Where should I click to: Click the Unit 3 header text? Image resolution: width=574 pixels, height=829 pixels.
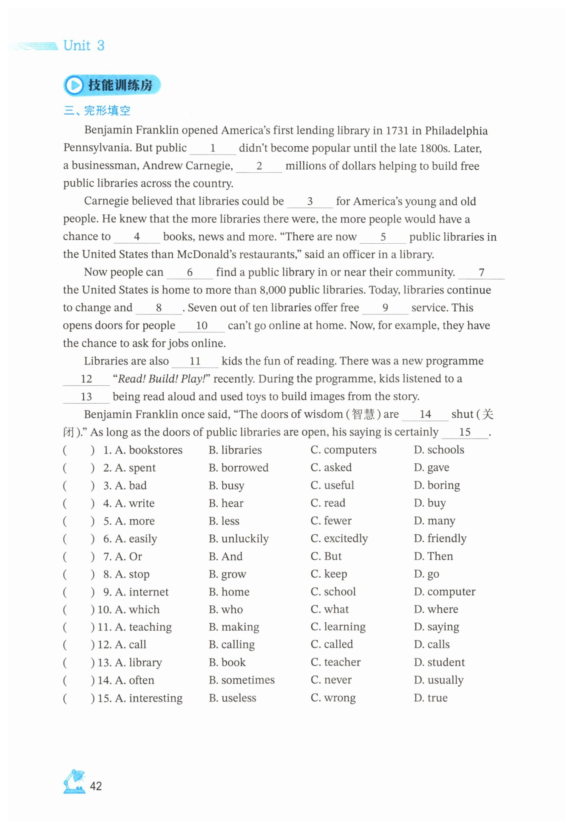(x=84, y=46)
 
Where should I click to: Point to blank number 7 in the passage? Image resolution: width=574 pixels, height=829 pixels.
(x=481, y=273)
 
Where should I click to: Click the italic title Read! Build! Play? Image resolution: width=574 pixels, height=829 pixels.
(x=162, y=379)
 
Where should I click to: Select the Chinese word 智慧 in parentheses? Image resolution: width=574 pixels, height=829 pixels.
(x=364, y=414)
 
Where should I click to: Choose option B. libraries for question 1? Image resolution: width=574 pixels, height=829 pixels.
(x=235, y=450)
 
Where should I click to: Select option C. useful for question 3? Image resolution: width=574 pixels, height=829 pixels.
(x=332, y=485)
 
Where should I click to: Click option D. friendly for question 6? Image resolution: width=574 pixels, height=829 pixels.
(x=440, y=539)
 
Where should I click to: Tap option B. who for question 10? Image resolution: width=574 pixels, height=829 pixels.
(x=226, y=610)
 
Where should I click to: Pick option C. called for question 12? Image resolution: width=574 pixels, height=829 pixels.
(x=332, y=644)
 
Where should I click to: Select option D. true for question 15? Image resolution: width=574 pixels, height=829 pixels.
(x=430, y=698)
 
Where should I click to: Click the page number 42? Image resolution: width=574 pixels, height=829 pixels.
(x=96, y=786)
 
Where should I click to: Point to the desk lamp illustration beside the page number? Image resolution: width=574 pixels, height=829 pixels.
(x=74, y=781)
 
